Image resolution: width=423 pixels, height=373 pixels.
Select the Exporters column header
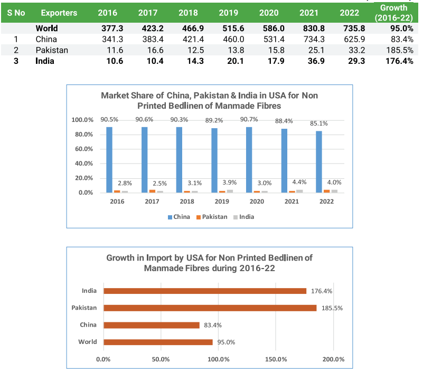(x=59, y=13)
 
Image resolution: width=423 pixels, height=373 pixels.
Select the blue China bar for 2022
(x=319, y=162)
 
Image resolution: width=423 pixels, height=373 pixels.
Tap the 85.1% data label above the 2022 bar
(x=319, y=124)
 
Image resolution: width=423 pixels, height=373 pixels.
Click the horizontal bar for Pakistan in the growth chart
(x=210, y=308)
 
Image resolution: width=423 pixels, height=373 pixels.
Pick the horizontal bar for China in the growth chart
(x=152, y=325)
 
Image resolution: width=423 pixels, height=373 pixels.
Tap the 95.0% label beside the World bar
(x=226, y=342)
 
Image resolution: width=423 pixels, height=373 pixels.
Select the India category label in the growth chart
(x=89, y=291)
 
